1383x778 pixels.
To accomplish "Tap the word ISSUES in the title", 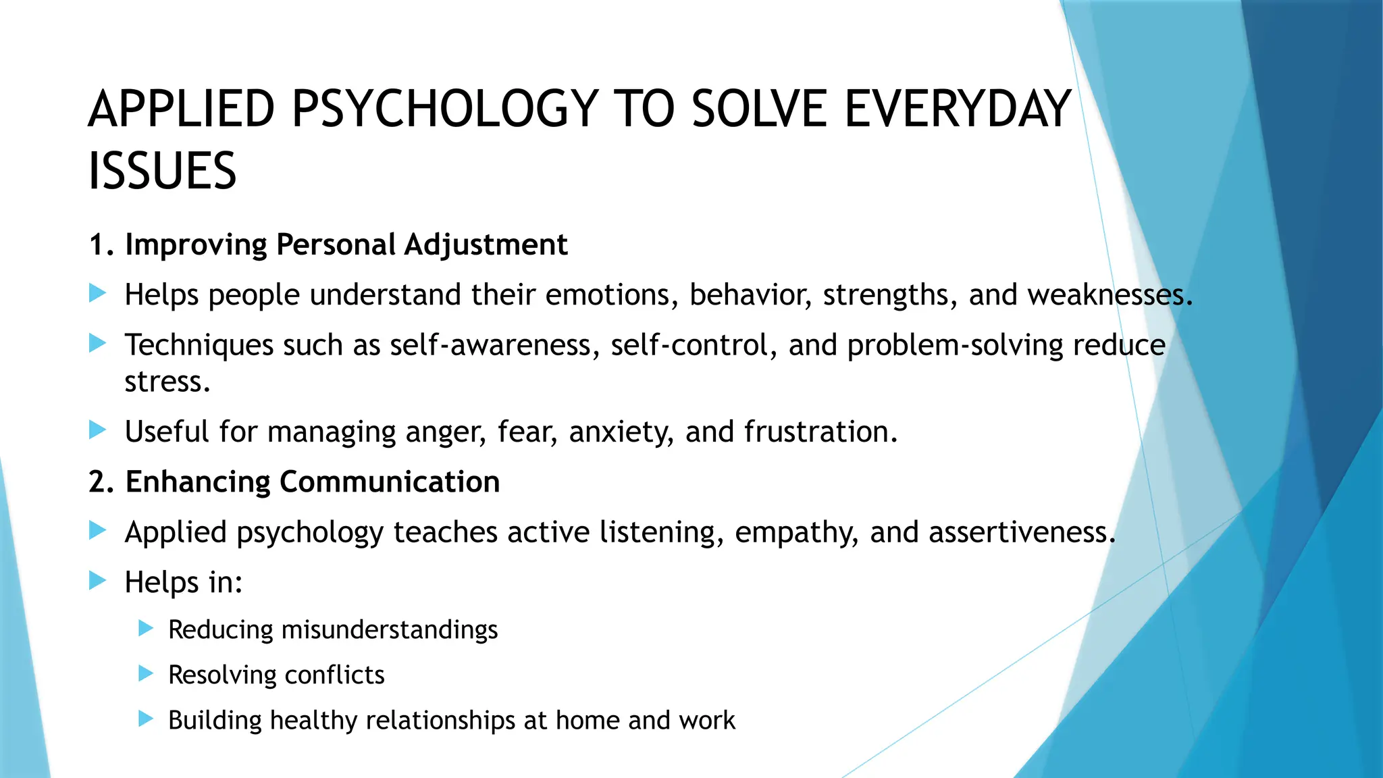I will (x=162, y=171).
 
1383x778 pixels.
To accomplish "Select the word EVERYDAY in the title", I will (x=958, y=109).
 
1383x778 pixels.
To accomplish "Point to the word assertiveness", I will (x=1021, y=532).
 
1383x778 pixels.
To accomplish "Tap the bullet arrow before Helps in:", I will (x=98, y=581).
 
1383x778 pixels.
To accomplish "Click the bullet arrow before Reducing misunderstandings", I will (x=146, y=629).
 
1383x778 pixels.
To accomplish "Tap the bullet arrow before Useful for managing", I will (x=98, y=430).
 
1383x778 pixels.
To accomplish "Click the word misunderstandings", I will (x=390, y=629).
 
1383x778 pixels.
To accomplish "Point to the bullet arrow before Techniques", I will (x=98, y=343).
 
